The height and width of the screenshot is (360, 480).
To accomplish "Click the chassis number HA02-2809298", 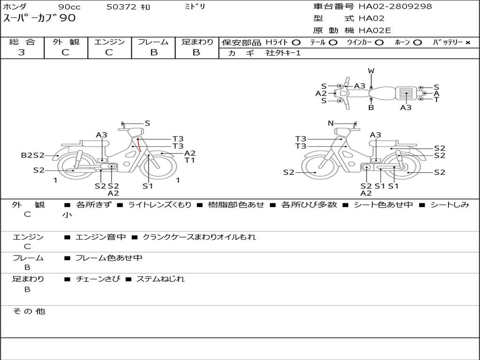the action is (x=395, y=7).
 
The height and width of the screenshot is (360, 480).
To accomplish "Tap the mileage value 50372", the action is (x=121, y=7).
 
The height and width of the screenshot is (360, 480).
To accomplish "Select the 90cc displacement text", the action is (x=69, y=7).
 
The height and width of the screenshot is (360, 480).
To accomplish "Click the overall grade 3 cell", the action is (x=22, y=52).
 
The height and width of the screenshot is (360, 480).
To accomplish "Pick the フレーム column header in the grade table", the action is (x=153, y=42).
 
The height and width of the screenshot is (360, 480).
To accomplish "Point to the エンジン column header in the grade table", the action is (x=109, y=42).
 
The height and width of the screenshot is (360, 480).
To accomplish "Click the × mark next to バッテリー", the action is (x=467, y=43).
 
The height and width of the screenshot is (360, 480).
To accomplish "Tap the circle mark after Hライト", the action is (x=296, y=43).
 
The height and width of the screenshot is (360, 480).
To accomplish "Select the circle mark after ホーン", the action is (x=417, y=43).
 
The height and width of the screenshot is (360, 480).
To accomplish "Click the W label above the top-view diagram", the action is (x=371, y=71).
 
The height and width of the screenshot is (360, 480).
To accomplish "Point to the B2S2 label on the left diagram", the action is (x=33, y=155).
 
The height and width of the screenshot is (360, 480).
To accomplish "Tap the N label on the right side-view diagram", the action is (x=330, y=123).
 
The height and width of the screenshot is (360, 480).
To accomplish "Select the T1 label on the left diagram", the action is (x=189, y=160).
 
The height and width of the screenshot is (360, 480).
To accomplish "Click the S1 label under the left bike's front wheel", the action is (x=148, y=186).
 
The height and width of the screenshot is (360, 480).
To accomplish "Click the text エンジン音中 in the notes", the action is (x=100, y=237).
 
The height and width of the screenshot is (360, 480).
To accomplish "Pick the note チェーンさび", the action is (x=97, y=279).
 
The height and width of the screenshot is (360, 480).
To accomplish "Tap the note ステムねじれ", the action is (x=160, y=279).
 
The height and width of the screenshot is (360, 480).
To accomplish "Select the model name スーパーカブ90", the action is (x=39, y=18).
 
